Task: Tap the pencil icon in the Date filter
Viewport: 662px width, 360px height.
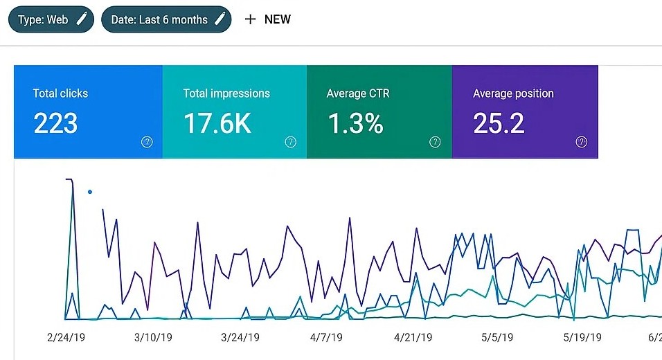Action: [220, 19]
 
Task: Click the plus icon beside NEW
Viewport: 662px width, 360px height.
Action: [251, 19]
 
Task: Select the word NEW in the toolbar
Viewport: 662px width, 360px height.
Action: [278, 19]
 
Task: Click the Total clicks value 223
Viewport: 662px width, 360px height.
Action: [55, 124]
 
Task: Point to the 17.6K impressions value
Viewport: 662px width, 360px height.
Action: [217, 124]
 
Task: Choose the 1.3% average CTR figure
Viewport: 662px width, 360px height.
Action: [355, 124]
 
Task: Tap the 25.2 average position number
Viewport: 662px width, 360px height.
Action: [499, 124]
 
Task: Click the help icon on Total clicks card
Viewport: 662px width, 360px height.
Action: [147, 142]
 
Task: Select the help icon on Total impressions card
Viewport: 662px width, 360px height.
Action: [291, 142]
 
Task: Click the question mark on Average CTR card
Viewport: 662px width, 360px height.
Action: [435, 142]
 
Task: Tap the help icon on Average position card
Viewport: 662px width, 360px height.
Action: [582, 142]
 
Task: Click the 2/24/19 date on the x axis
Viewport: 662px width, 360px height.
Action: [66, 337]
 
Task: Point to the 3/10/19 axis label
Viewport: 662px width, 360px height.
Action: [154, 337]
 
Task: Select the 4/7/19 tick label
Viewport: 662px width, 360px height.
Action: [326, 337]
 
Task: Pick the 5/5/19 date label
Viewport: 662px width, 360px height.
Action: [497, 337]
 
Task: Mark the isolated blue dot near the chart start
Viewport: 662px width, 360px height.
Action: [90, 192]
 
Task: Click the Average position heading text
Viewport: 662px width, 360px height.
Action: [513, 93]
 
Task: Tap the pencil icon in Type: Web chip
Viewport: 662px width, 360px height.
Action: [81, 19]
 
